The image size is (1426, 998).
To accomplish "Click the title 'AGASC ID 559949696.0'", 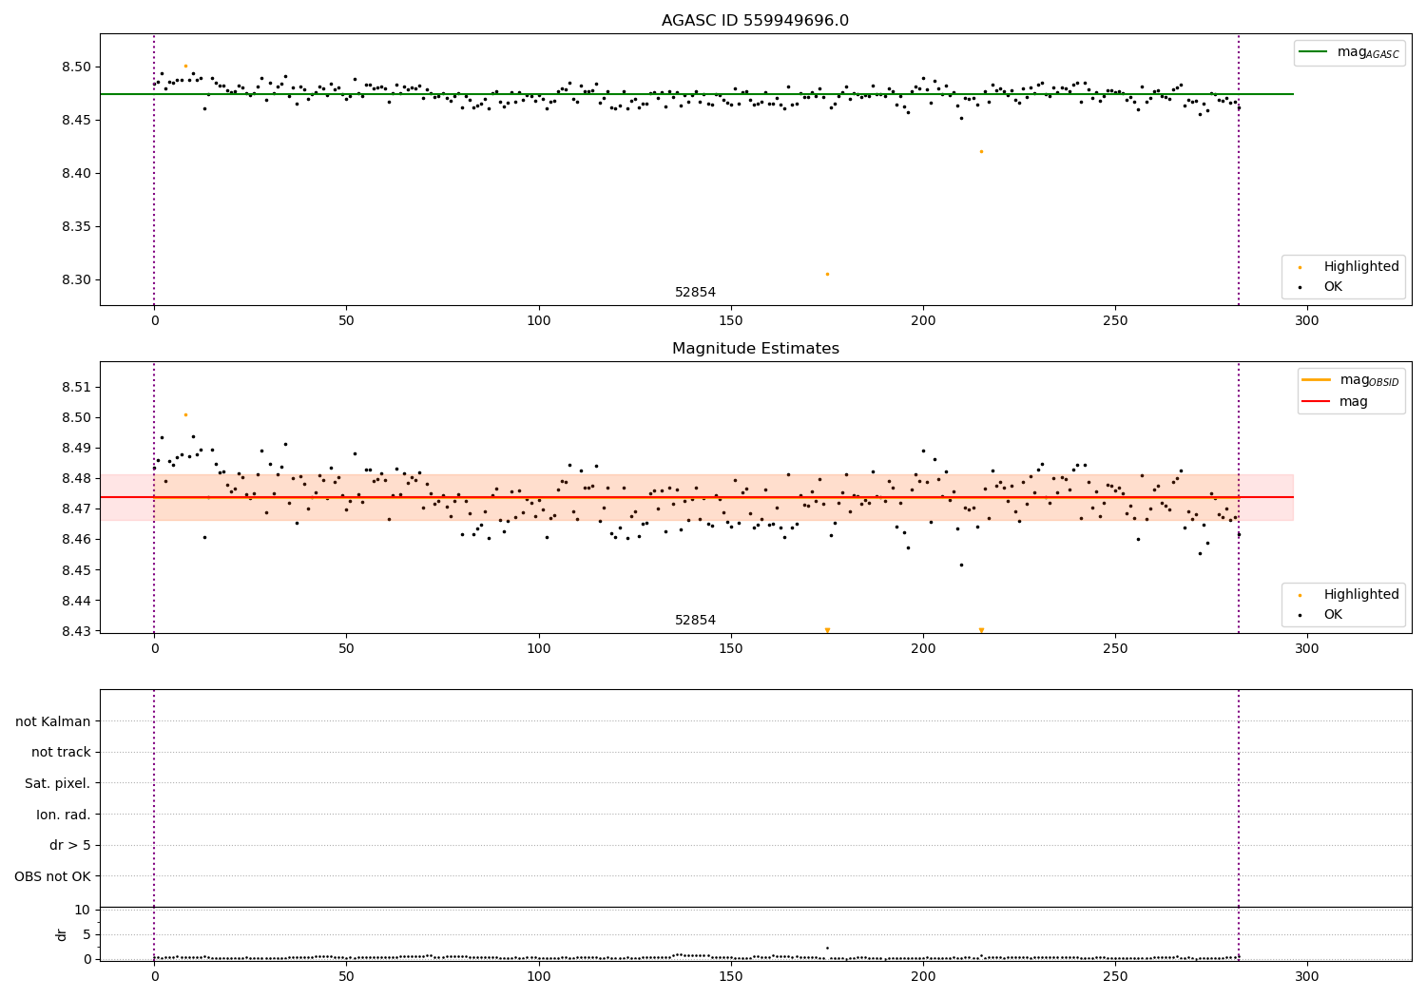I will [755, 21].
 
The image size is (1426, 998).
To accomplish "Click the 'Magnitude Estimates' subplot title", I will [755, 349].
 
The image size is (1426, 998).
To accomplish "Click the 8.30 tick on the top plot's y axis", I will [75, 279].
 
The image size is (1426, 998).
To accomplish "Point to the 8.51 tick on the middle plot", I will [75, 387].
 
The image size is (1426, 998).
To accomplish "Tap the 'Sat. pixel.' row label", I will [58, 783].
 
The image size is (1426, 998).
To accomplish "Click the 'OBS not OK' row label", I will [53, 876].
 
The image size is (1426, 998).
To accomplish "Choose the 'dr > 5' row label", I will [70, 845].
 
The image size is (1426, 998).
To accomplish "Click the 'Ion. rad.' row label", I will [64, 815].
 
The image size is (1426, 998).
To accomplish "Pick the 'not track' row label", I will [61, 752].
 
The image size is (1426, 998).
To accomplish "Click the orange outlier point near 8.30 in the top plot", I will [827, 274].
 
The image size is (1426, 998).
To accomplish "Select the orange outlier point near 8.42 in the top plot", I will [981, 151].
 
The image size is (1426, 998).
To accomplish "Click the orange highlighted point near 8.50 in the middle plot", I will [185, 414].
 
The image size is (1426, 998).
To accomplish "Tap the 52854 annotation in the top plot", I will [695, 292].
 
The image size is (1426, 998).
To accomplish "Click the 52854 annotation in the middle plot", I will [695, 620].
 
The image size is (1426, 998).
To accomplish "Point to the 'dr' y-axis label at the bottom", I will [62, 934].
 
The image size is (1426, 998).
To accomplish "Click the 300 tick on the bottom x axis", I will [1307, 976].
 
